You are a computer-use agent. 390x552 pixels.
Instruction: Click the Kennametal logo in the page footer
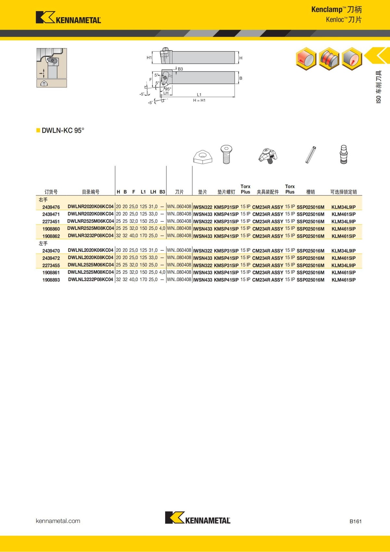point(198,518)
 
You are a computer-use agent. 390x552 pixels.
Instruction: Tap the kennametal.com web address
point(58,521)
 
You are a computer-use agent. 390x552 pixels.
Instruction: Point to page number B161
point(355,521)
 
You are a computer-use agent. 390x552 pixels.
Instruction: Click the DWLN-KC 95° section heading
point(63,130)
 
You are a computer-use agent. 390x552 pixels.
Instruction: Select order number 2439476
point(51,207)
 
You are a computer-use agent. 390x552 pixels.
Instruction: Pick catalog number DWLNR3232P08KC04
point(91,236)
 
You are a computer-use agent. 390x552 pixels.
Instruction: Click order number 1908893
point(51,280)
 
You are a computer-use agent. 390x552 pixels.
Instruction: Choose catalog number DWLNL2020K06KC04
point(91,250)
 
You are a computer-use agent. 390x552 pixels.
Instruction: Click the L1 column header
point(143,192)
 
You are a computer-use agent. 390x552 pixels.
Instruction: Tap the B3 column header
point(162,192)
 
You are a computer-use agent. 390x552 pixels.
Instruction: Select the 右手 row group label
point(43,200)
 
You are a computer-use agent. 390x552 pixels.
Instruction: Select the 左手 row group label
point(43,243)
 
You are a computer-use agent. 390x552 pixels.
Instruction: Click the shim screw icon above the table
point(226,154)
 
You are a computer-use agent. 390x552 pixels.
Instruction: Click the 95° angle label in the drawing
point(168,89)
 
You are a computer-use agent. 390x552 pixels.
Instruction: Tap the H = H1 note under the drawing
point(199,100)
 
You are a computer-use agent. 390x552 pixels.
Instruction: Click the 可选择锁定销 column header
point(343,192)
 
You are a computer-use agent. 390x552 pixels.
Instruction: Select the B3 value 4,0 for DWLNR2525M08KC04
point(162,229)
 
